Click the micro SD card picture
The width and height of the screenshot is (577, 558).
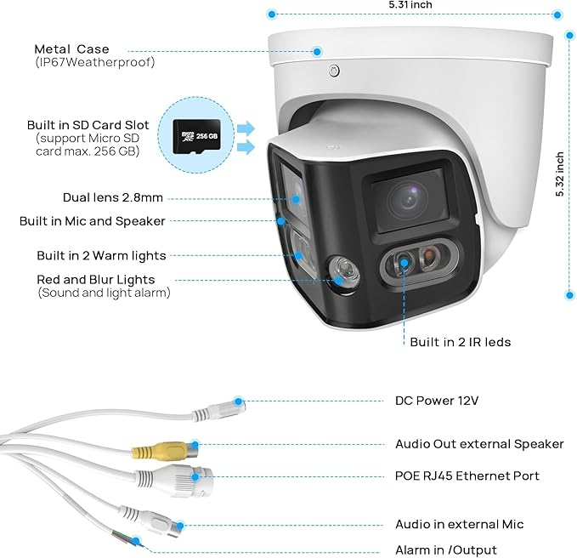(x=197, y=136)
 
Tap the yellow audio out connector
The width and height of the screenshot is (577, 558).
(x=165, y=451)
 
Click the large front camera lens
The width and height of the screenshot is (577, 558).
(x=408, y=200)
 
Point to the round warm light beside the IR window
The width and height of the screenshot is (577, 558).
(x=344, y=273)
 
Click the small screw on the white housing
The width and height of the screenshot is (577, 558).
(x=334, y=71)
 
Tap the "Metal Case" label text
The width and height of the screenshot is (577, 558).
(x=71, y=49)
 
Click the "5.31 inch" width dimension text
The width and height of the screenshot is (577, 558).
(x=410, y=5)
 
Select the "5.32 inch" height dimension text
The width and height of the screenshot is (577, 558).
(x=560, y=174)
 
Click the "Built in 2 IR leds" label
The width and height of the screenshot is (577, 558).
(x=461, y=342)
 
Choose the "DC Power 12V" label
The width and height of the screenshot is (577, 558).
(x=437, y=401)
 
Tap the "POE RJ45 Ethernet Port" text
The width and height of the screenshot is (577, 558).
(x=467, y=475)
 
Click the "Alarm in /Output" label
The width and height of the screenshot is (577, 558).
(x=446, y=549)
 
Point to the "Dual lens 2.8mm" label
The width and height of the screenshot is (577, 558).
(x=113, y=197)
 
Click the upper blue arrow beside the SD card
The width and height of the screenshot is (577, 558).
(x=246, y=128)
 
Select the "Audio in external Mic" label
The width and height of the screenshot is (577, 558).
(x=459, y=524)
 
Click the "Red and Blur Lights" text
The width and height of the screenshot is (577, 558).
(x=96, y=280)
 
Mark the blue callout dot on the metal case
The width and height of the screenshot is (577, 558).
(x=317, y=52)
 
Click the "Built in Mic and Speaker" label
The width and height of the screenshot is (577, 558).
(x=93, y=221)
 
